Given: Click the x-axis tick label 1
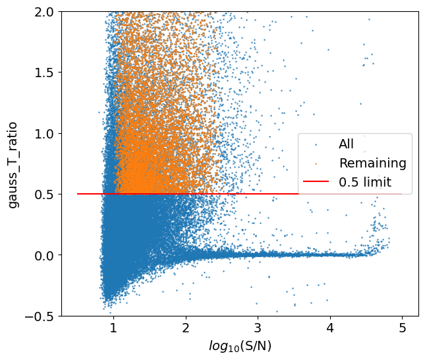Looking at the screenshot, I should point(113,328).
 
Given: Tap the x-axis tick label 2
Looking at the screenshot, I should point(186,328).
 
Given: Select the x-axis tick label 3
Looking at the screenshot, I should point(258,328).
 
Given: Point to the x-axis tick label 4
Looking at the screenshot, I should point(330,328).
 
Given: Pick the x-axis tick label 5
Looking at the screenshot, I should point(402,328).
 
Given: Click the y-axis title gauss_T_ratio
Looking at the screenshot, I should point(14,164).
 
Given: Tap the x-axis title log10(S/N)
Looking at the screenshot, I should point(240,346).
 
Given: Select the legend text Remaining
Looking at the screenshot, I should point(372,162).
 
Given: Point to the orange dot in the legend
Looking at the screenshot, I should point(316,163).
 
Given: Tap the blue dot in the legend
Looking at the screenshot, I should point(316,144).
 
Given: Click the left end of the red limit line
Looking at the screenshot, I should point(78,194).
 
